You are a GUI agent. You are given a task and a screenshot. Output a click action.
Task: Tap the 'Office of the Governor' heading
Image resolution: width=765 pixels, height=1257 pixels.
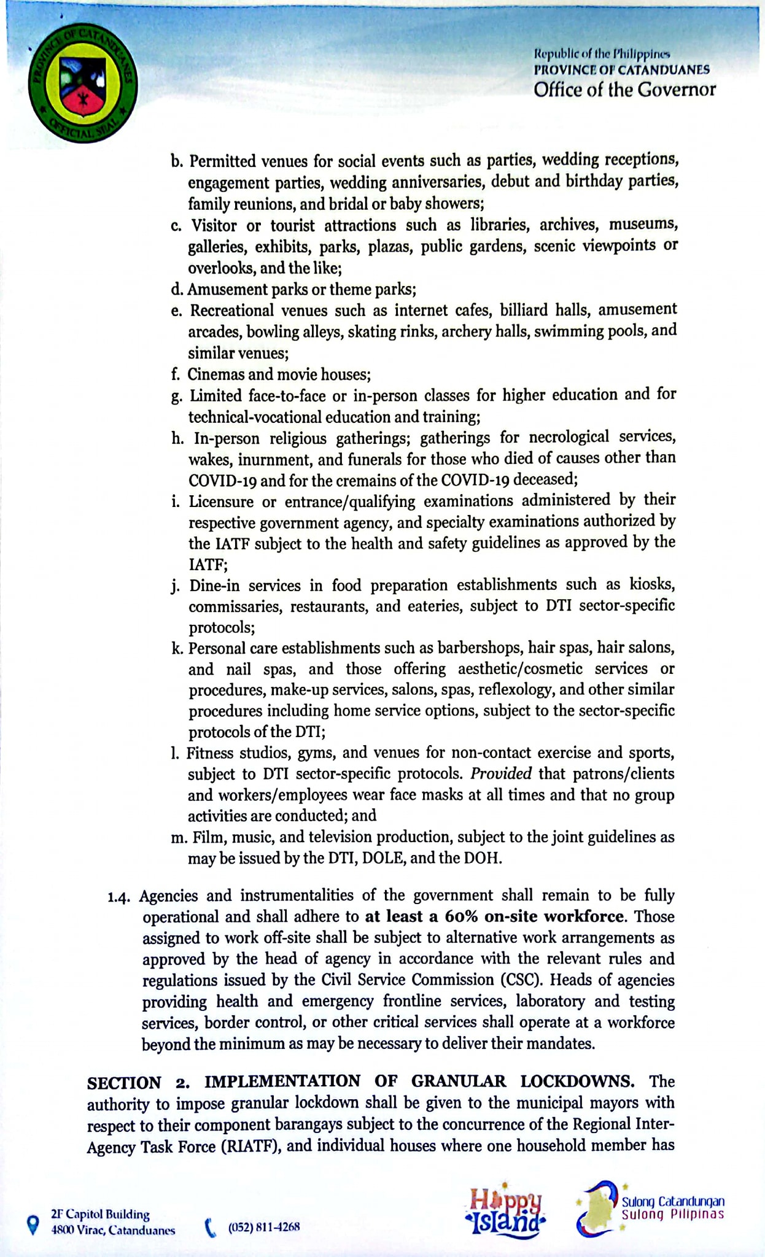624,90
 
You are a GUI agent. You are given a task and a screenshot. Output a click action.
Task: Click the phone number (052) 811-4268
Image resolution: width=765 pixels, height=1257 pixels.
264,1227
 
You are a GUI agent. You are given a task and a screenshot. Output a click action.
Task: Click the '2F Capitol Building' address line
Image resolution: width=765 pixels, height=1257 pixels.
100,1214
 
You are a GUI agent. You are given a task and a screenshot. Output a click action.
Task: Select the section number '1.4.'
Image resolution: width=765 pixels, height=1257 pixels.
120,897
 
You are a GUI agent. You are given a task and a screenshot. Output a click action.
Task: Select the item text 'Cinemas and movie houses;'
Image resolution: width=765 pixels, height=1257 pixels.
279,374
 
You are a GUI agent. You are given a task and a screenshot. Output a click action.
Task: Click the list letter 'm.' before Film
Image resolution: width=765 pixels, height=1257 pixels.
179,837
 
